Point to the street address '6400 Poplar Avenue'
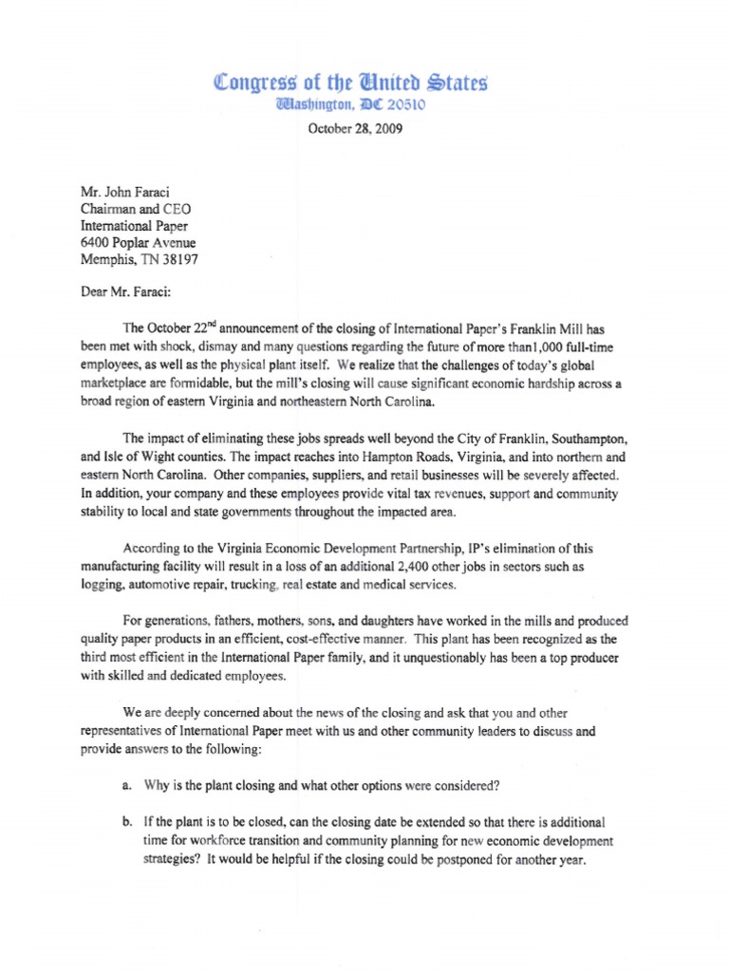click(x=139, y=241)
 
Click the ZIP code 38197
click(x=179, y=258)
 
